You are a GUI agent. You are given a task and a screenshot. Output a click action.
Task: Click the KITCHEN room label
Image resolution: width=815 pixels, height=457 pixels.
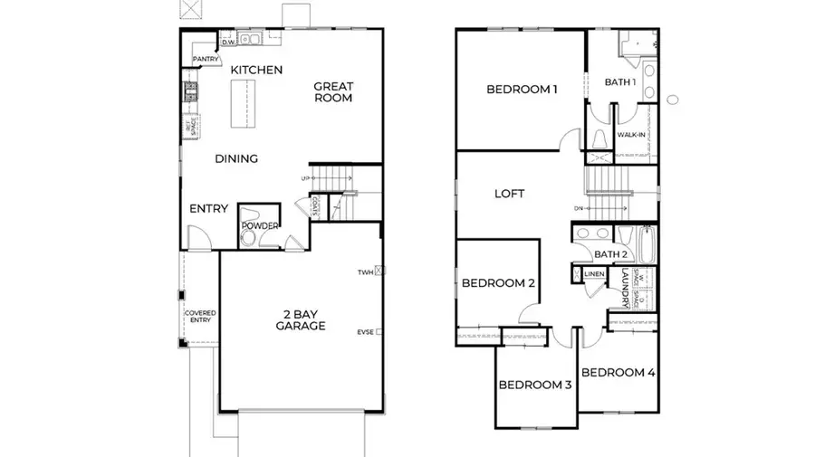point(256,70)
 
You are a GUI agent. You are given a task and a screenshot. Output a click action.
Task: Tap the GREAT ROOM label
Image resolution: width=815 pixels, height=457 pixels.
point(333,92)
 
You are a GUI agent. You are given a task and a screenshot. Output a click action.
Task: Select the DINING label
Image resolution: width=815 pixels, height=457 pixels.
point(236,158)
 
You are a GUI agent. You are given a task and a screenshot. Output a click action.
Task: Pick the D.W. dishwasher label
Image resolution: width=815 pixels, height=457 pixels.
point(228,41)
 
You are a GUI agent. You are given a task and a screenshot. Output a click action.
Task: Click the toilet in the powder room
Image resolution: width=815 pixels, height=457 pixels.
point(248,238)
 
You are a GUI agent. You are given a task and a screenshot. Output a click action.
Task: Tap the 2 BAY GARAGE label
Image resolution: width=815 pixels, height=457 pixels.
point(301,319)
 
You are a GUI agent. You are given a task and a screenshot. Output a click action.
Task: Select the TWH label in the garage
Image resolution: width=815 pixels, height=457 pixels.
point(365,271)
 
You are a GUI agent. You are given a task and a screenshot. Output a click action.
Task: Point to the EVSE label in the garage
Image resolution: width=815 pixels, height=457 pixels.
point(365,332)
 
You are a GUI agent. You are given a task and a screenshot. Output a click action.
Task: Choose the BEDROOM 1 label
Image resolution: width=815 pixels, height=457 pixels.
point(522,89)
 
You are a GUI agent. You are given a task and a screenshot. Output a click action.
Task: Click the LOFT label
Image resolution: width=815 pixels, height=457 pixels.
point(509,194)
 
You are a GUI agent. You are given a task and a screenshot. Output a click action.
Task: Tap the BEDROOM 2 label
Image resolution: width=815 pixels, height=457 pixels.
point(498,283)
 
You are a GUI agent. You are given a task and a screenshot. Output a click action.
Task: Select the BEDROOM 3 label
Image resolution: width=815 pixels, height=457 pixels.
point(535,386)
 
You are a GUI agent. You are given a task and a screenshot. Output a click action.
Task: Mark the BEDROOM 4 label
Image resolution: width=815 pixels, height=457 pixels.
point(618,373)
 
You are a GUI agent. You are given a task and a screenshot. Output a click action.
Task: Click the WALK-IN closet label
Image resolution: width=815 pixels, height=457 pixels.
point(630,136)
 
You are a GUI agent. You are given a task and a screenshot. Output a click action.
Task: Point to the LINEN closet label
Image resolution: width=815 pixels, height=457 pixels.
point(594,273)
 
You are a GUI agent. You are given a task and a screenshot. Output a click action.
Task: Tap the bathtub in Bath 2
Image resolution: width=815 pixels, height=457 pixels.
point(647,244)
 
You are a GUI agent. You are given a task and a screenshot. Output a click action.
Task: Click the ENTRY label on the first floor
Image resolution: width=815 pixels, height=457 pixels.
point(208,209)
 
